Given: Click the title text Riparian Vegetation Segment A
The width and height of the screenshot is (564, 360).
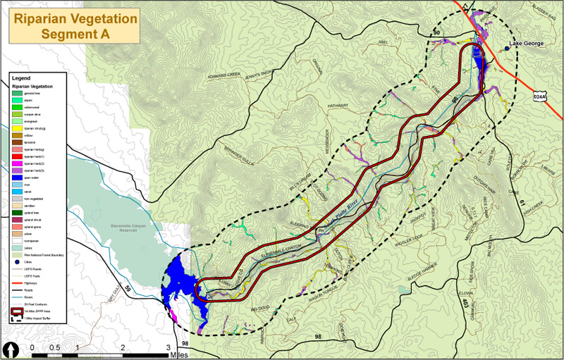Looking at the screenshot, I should tap(74, 26).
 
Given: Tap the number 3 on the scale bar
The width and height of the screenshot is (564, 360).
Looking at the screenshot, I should tap(168, 348).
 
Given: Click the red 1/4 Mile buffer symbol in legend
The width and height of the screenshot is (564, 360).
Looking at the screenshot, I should tap(16, 311).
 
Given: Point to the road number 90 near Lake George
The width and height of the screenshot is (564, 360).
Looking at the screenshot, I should tap(436, 32).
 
